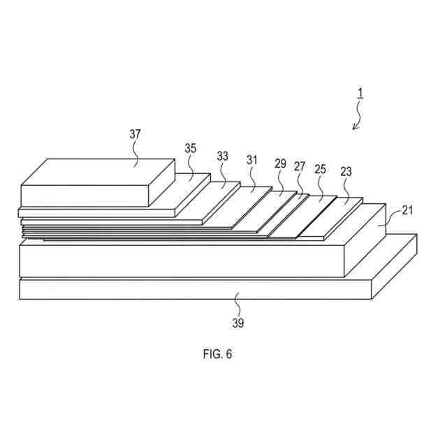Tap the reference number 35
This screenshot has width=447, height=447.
pyautogui.click(x=191, y=148)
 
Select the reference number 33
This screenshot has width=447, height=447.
pyautogui.click(x=222, y=156)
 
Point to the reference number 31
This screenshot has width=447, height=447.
pyautogui.click(x=252, y=160)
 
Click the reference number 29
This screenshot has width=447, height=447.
pyautogui.click(x=280, y=163)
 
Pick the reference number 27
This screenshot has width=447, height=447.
pyautogui.click(x=300, y=166)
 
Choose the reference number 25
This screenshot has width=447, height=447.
pyautogui.click(x=321, y=169)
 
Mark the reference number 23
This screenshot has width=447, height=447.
pyautogui.click(x=346, y=171)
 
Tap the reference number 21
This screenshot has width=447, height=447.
pyautogui.click(x=407, y=210)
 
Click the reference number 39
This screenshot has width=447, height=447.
pyautogui.click(x=239, y=323)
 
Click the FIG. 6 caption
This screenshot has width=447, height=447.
pyautogui.click(x=217, y=354)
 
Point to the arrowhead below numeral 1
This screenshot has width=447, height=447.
pyautogui.click(x=355, y=126)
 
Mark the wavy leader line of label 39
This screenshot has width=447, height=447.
pyautogui.click(x=237, y=304)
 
